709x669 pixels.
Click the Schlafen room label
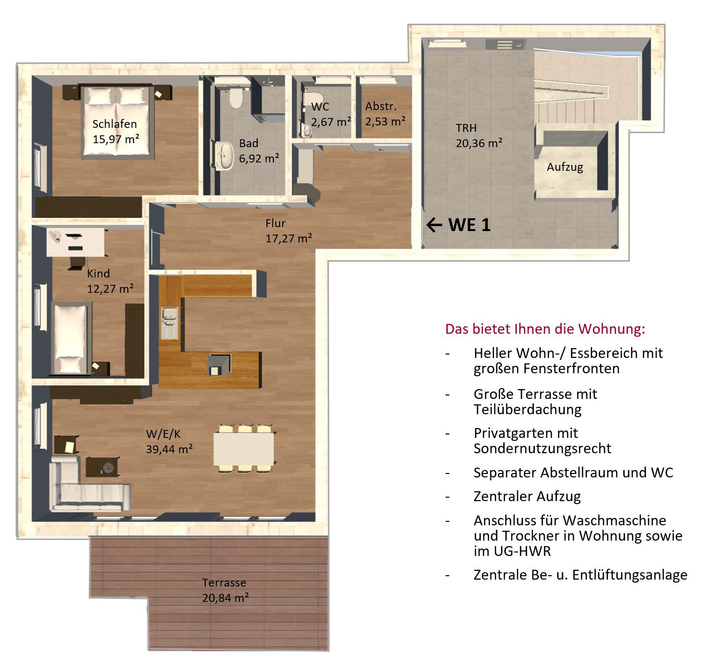[114, 124]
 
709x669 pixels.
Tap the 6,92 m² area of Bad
[259, 158]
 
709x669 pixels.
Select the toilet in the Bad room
[236, 98]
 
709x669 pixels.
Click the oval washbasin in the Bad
[225, 156]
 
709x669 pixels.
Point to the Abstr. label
[380, 106]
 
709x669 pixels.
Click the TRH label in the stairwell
[466, 128]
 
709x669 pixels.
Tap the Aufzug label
[565, 167]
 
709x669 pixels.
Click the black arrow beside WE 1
[434, 225]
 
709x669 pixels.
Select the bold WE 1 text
[469, 225]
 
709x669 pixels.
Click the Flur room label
[275, 223]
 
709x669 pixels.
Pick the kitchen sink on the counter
[170, 323]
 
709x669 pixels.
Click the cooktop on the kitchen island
[219, 364]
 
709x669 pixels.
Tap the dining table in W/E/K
[244, 449]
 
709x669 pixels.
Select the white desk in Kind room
[75, 242]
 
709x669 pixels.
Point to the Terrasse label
[224, 583]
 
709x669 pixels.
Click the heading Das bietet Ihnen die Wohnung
[545, 329]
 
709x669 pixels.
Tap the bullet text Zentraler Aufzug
[527, 496]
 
